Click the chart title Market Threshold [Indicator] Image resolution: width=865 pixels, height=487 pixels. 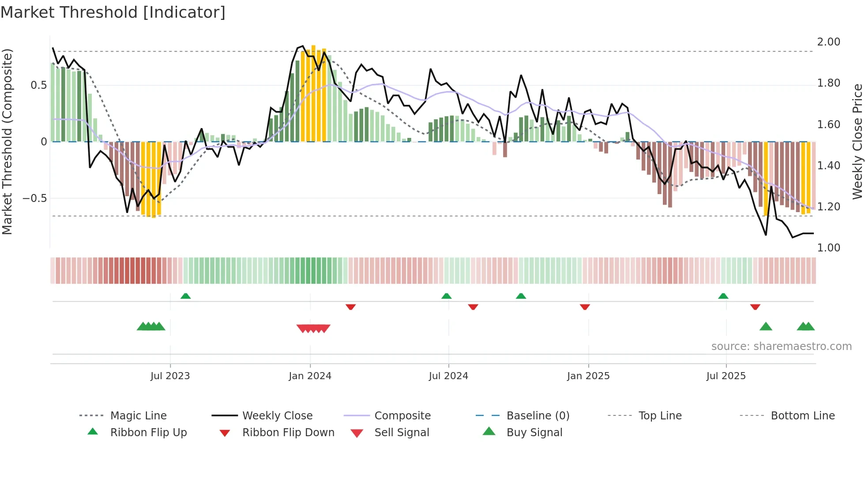[x=113, y=12]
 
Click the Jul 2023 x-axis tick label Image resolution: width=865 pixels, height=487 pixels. [x=170, y=376]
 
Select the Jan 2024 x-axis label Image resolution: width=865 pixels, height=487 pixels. [x=310, y=376]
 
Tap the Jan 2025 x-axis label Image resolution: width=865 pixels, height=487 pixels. [x=588, y=376]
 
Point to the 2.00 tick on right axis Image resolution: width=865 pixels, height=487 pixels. [x=828, y=42]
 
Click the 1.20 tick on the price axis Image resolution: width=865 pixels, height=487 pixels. [x=828, y=207]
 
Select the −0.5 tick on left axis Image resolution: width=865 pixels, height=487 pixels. [x=35, y=198]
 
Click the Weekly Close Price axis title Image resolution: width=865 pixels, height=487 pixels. [x=857, y=141]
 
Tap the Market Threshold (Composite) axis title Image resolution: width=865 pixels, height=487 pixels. [x=7, y=141]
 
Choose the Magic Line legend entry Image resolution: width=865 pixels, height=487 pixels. [x=138, y=416]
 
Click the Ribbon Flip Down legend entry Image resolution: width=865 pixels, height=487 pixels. [x=288, y=433]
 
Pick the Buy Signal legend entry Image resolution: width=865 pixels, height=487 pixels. [x=534, y=433]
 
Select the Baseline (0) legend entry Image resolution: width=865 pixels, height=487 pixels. [x=538, y=416]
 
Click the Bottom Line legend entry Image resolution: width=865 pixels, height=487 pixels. [x=802, y=416]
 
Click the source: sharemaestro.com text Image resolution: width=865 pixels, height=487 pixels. [x=781, y=346]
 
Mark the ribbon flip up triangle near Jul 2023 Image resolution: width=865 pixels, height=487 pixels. [x=186, y=296]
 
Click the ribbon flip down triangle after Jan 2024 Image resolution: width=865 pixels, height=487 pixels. [x=351, y=307]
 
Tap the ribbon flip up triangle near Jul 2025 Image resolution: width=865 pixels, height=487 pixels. [x=723, y=296]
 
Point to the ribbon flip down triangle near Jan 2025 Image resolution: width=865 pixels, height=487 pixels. [x=585, y=307]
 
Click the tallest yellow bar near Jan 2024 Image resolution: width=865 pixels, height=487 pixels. [x=313, y=93]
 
